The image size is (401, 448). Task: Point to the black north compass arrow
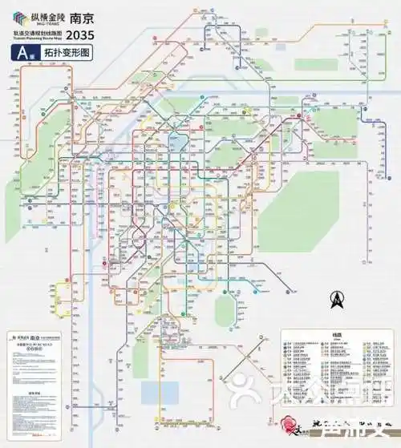pos(338,299)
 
